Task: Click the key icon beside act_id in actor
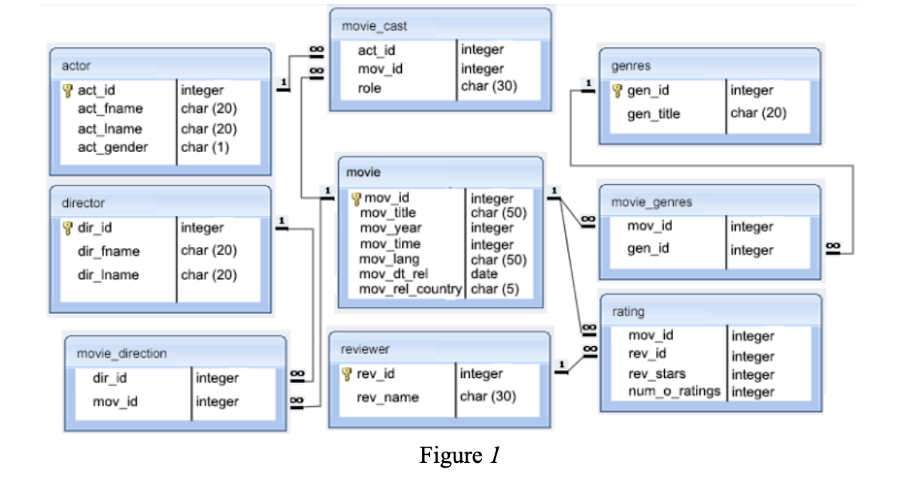[x=68, y=90]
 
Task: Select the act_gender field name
[x=113, y=147]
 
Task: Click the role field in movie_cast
[x=369, y=88]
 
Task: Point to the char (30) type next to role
[x=489, y=86]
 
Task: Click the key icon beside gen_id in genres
[x=617, y=90]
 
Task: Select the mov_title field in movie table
[x=388, y=213]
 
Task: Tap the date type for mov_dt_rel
[x=484, y=274]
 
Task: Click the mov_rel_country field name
[x=411, y=289]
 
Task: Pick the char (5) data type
[x=495, y=289]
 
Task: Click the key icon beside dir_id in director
[x=68, y=228]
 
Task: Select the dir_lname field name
[x=108, y=275]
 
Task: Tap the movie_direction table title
[x=121, y=353]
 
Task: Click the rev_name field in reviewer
[x=388, y=397]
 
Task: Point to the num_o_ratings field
[x=674, y=392]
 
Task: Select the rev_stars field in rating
[x=657, y=373]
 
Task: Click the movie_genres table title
[x=651, y=202]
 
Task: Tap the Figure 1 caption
[x=459, y=456]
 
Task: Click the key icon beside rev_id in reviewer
[x=347, y=374]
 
